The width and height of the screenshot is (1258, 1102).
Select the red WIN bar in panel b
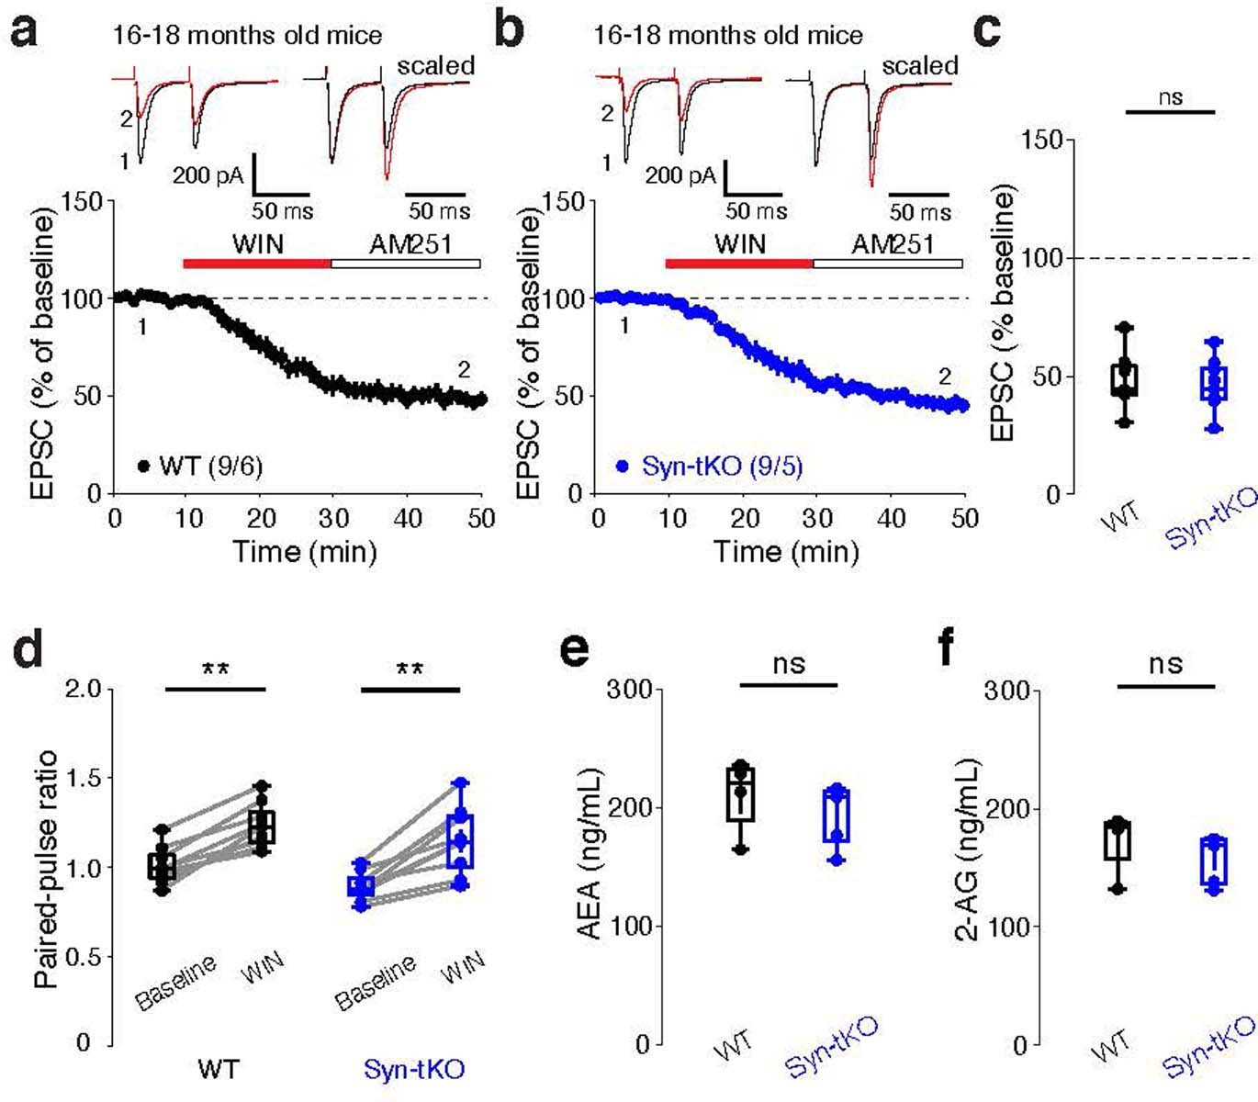point(739,264)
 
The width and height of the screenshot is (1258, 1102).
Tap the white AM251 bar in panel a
point(405,264)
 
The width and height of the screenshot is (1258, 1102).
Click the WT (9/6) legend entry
point(200,467)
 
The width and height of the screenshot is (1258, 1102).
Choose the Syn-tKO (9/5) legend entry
point(710,467)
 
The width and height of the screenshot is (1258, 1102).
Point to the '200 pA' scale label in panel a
point(208,174)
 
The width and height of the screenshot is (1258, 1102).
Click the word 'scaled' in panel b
point(919,66)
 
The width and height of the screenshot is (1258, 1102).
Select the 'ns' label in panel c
point(1170,96)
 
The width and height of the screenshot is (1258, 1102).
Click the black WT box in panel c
point(1125,379)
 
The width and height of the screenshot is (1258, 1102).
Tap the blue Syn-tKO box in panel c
point(1214,384)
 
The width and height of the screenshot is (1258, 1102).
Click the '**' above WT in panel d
point(216,669)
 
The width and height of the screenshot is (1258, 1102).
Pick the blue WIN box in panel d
point(460,840)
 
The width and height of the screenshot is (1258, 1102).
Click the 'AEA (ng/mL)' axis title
point(589,853)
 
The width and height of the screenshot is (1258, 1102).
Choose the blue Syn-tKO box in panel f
point(1215,861)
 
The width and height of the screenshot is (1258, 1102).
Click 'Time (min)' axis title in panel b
point(786,551)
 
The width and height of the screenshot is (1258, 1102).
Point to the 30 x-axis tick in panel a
point(333,519)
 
